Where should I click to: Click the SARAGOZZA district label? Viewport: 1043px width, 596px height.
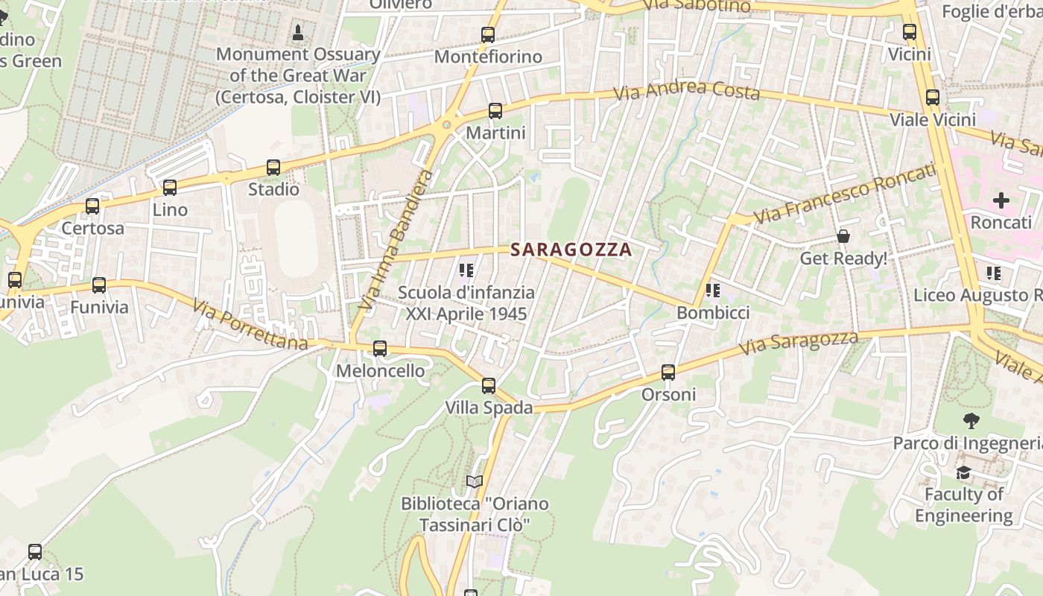(x=571, y=250)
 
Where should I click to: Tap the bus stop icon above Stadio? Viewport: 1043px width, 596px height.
(x=273, y=168)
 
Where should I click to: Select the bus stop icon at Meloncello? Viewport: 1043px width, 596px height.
(x=380, y=349)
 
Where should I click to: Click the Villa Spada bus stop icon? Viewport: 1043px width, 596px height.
(x=489, y=386)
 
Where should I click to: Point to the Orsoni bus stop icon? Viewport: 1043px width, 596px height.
(x=668, y=372)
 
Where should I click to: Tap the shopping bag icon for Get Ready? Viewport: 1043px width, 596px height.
(x=843, y=236)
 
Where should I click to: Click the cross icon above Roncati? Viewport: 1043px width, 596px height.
(x=1001, y=200)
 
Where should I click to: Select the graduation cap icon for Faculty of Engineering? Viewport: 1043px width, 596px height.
(x=963, y=472)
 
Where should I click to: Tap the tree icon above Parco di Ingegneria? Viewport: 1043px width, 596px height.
(x=971, y=421)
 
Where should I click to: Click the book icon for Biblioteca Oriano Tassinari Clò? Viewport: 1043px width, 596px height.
(x=475, y=481)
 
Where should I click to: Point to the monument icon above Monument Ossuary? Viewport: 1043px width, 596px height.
(x=298, y=33)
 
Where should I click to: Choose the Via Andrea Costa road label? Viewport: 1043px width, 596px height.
(x=686, y=91)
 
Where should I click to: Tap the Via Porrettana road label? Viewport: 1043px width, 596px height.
(x=250, y=325)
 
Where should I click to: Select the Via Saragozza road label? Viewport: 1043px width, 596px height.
(x=798, y=343)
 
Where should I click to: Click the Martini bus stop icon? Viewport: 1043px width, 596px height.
(x=495, y=112)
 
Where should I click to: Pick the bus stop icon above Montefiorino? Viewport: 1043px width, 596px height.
(x=488, y=35)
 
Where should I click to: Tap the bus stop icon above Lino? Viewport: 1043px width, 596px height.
(x=170, y=188)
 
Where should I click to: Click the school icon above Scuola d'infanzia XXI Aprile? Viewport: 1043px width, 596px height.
(x=466, y=270)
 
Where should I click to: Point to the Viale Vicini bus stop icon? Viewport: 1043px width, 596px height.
(x=933, y=98)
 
